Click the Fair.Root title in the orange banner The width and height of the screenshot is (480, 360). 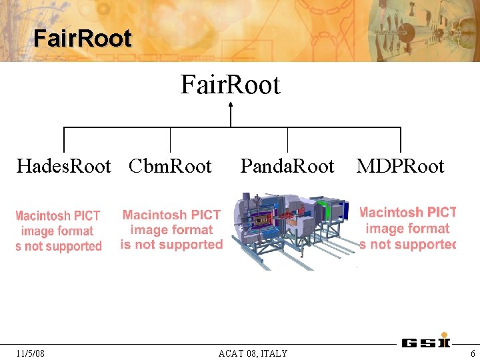pyautogui.click(x=83, y=38)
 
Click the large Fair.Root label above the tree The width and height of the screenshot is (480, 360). pyautogui.click(x=230, y=85)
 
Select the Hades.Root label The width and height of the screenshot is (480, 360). pyautogui.click(x=63, y=166)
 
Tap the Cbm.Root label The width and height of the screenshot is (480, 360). pyautogui.click(x=170, y=166)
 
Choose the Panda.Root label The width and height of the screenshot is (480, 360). pyautogui.click(x=287, y=166)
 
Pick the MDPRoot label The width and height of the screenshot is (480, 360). pyautogui.click(x=400, y=166)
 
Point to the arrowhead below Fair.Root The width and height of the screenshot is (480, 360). pyautogui.click(x=231, y=105)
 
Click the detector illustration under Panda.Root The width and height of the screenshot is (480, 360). pyautogui.click(x=290, y=230)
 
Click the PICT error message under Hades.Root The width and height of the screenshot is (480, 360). pyautogui.click(x=59, y=231)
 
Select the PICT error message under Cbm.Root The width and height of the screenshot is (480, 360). pyautogui.click(x=171, y=230)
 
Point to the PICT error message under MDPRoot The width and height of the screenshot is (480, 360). pyautogui.click(x=407, y=229)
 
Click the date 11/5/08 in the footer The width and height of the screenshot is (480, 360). pyautogui.click(x=30, y=353)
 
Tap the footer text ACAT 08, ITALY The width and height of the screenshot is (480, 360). pyautogui.click(x=253, y=353)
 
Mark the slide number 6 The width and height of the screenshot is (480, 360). pyautogui.click(x=473, y=353)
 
